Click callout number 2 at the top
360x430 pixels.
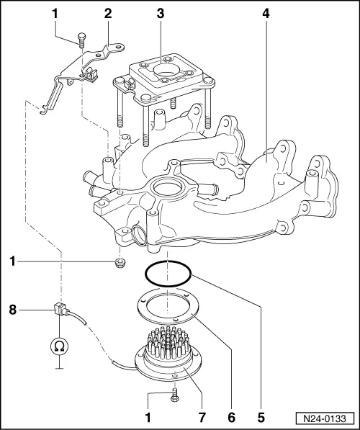[x=108, y=14]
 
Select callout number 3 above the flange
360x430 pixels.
[x=161, y=14]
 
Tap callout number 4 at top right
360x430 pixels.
[x=266, y=14]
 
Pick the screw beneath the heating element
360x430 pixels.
[x=174, y=395]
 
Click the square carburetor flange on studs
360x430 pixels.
[x=161, y=76]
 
